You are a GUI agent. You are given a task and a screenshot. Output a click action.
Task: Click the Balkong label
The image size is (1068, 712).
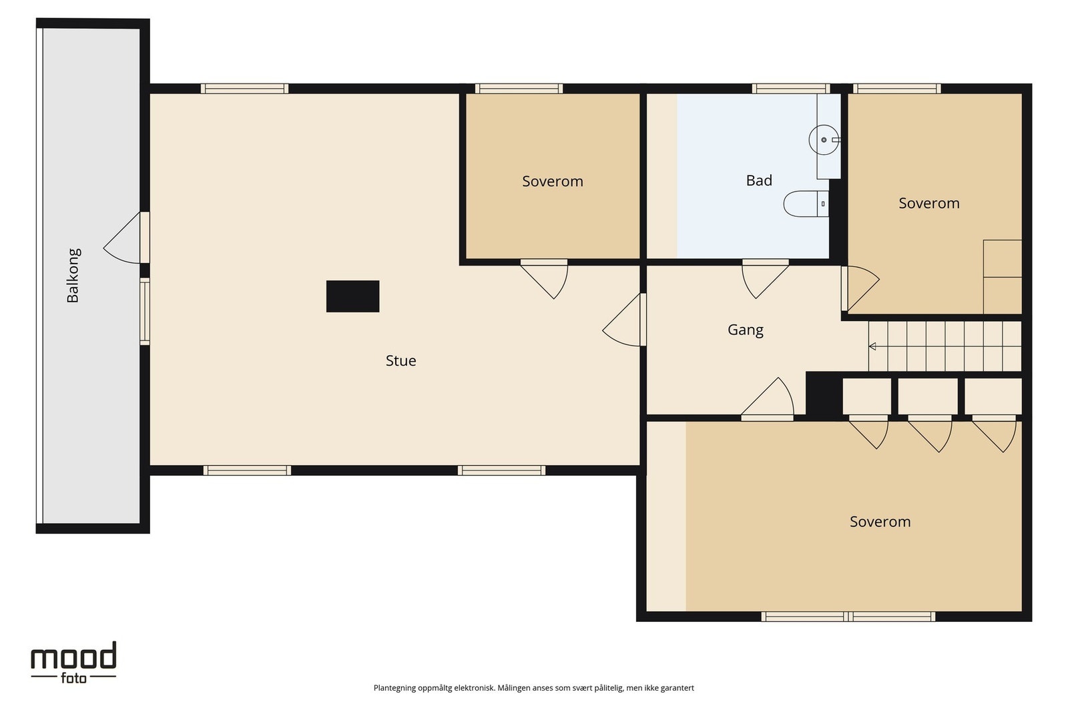click(x=73, y=276)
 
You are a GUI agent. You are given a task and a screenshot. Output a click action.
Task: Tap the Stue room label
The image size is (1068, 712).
click(x=400, y=361)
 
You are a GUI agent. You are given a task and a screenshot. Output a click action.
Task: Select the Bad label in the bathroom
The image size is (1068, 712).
click(x=758, y=180)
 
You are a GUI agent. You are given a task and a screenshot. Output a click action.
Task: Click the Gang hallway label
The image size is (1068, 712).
click(x=745, y=330)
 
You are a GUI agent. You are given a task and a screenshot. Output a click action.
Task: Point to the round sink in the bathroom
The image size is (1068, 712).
click(x=824, y=139)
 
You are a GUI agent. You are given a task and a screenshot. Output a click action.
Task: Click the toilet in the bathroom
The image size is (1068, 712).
click(x=806, y=204)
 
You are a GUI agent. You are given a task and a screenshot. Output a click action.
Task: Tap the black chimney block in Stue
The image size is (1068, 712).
click(x=353, y=296)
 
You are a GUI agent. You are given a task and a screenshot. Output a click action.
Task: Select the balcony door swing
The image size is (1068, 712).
click(x=122, y=238)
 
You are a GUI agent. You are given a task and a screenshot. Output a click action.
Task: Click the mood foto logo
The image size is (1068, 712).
click(x=74, y=663)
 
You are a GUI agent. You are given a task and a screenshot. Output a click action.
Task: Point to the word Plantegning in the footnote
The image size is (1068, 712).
click(x=394, y=688)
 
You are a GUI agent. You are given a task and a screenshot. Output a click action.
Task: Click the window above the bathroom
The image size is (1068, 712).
click(x=791, y=89)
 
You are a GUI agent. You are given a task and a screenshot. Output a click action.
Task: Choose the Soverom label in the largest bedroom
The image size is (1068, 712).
click(x=880, y=522)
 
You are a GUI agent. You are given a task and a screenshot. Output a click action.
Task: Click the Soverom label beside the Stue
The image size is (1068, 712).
click(x=553, y=181)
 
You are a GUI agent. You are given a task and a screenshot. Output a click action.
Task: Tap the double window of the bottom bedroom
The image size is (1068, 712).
click(x=848, y=617)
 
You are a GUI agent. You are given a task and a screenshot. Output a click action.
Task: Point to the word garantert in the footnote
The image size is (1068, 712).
click(x=677, y=688)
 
